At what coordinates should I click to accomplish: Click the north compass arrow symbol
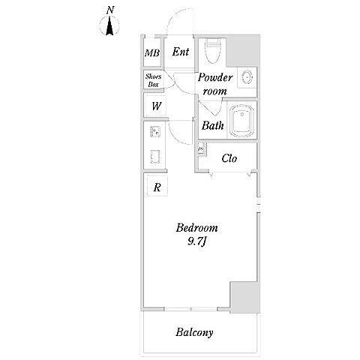tap(109, 25)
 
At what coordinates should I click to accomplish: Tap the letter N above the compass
tap(110, 10)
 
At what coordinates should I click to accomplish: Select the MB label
tap(152, 53)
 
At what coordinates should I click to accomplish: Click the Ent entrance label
tap(181, 52)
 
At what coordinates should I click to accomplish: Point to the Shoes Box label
tap(153, 80)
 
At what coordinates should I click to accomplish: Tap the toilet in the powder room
tap(213, 51)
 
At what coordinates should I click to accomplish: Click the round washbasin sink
tap(247, 77)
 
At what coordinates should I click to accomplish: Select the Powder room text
tap(215, 84)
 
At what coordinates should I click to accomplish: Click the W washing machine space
tap(156, 106)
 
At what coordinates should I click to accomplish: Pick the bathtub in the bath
tap(241, 121)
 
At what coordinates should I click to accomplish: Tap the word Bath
tap(212, 125)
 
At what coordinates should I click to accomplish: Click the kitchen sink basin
tap(155, 132)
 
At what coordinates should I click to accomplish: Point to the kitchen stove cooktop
tap(155, 157)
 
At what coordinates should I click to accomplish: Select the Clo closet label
tap(229, 158)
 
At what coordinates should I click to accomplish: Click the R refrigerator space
tap(157, 186)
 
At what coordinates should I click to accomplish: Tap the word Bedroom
tap(196, 228)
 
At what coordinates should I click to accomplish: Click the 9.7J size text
tap(196, 241)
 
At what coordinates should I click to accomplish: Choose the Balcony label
tap(194, 332)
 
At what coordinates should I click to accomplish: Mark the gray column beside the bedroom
tap(245, 297)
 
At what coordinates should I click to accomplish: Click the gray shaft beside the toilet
tap(243, 50)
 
